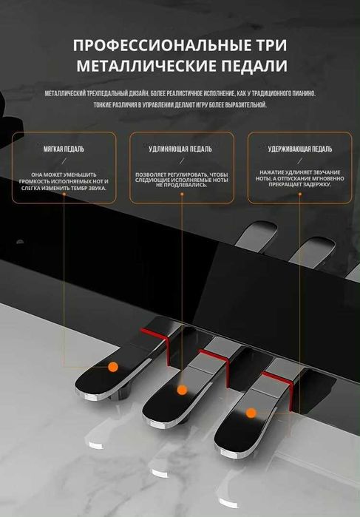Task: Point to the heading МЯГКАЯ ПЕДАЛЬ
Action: coord(64,149)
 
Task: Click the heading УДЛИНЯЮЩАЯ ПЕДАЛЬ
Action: coord(180,149)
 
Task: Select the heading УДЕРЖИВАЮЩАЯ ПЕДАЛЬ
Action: coord(299,149)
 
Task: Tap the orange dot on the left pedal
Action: coord(113,366)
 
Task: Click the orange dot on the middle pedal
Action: coord(181,388)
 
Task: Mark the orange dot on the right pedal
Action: coord(251,412)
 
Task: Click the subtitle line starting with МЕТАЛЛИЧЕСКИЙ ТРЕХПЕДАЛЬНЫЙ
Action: coord(180,94)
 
